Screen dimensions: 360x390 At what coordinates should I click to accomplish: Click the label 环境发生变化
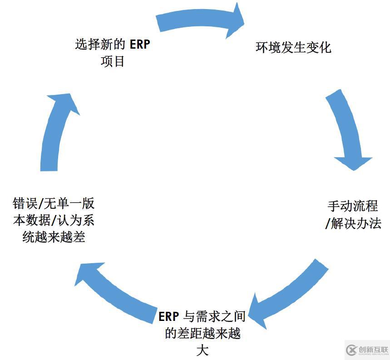293,47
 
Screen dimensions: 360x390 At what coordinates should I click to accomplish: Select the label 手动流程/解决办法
353,215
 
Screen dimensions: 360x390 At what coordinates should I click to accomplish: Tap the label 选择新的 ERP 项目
113,53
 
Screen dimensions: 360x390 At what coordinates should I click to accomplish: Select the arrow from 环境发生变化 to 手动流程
347,131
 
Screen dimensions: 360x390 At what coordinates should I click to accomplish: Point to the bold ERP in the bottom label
169,316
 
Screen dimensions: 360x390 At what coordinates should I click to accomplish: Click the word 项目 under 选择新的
113,61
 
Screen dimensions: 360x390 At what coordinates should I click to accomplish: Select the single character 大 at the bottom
202,350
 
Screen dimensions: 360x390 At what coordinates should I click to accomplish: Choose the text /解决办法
353,224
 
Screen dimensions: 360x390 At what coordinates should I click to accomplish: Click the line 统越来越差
54,237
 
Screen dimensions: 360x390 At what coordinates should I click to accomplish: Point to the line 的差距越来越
202,334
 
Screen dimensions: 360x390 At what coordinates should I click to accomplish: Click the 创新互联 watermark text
373,350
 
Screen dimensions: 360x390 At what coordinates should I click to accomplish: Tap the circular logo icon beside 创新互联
351,350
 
